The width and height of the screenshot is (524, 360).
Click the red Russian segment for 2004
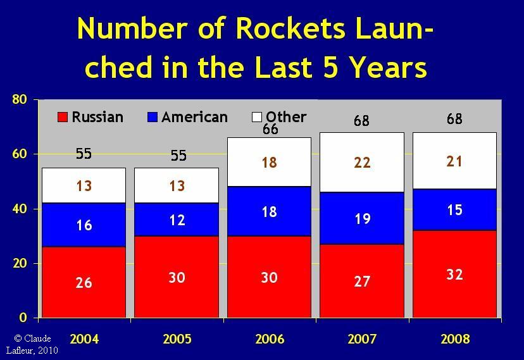click(x=84, y=282)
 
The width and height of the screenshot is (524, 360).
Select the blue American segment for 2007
click(x=362, y=218)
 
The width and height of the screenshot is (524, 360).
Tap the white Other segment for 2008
click(x=454, y=161)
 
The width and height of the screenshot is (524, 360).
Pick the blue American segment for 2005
click(x=177, y=220)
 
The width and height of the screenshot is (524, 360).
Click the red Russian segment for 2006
click(x=269, y=277)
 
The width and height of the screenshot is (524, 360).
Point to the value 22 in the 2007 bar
click(x=362, y=163)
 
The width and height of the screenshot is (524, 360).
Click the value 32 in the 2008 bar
click(x=454, y=275)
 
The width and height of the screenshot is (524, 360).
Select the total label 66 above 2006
click(x=270, y=129)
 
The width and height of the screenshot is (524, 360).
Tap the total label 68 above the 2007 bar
click(x=361, y=121)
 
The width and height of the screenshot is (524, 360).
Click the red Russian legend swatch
click(x=63, y=117)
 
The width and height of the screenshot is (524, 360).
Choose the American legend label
click(x=194, y=117)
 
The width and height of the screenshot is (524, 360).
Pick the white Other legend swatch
click(x=257, y=117)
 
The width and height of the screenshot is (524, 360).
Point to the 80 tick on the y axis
click(x=20, y=99)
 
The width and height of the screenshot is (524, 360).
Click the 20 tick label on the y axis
click(x=20, y=263)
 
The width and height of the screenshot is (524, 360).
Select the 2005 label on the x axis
click(x=177, y=339)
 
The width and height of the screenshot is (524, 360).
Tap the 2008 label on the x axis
click(x=455, y=339)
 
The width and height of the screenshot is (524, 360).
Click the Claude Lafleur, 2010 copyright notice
click(x=32, y=344)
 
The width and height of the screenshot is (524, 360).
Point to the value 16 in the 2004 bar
click(x=84, y=225)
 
